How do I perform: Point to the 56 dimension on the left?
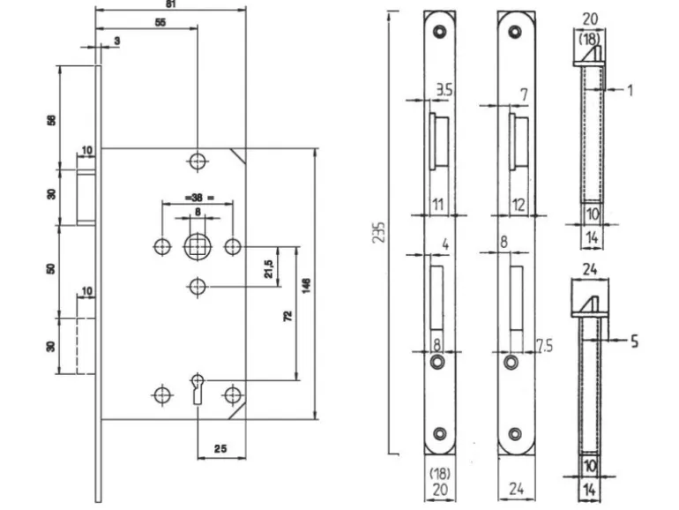[51, 118]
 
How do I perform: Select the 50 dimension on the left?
[51, 266]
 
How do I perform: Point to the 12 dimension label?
[519, 205]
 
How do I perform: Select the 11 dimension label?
[437, 205]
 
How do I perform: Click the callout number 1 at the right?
[631, 89]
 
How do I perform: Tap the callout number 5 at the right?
[634, 338]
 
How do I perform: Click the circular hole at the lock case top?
[197, 161]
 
